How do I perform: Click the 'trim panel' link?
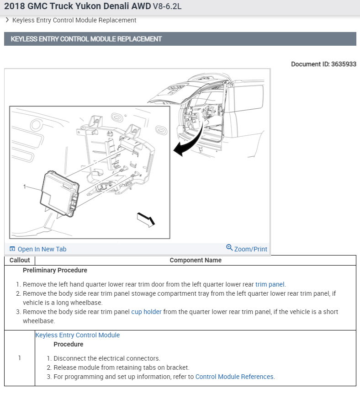click(x=270, y=284)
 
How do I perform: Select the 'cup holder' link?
click(x=146, y=312)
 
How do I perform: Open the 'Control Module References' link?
click(x=234, y=377)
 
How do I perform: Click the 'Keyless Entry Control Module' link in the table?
click(x=78, y=335)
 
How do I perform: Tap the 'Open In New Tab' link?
click(x=42, y=249)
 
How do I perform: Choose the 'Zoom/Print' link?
click(x=250, y=249)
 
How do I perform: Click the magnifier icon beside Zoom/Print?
click(x=229, y=248)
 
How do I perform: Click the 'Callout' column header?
click(x=20, y=260)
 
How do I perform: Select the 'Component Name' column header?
click(x=196, y=260)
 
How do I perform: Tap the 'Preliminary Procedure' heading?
click(x=55, y=270)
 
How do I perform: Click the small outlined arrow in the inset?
click(x=146, y=219)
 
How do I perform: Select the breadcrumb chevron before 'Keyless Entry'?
click(x=7, y=20)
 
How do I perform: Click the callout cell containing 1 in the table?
click(x=20, y=358)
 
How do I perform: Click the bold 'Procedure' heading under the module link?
click(x=68, y=344)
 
